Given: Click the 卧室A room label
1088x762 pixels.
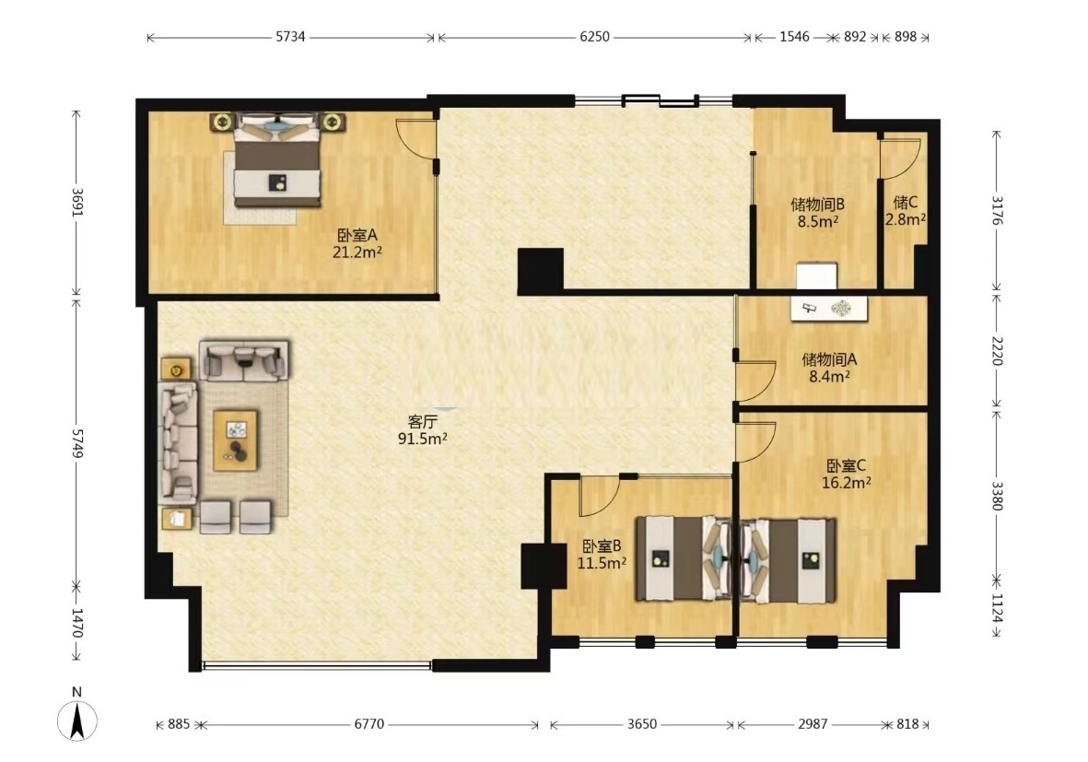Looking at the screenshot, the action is point(357,235).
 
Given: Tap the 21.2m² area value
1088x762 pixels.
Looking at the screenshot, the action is point(357,252).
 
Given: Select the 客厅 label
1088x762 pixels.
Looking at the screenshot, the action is point(422,421).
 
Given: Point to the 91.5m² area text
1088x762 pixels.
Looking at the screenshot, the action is point(422,439).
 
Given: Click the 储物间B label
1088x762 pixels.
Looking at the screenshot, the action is point(817,205).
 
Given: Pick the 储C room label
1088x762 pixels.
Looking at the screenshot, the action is point(906,203).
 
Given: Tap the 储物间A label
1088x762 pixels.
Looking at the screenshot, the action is point(829,359).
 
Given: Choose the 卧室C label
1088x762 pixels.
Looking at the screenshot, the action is point(846,465).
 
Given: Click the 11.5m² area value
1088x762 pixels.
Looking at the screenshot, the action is point(602,563).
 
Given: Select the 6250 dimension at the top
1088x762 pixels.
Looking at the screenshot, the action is point(594,37).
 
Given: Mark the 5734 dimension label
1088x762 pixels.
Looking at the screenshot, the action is point(291,37).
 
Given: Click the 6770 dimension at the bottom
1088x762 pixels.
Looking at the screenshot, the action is point(369,724).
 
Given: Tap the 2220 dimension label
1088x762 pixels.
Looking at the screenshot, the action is point(997,350).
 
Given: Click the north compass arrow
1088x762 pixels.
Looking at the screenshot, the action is point(77,721).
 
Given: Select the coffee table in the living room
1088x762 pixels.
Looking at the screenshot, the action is point(235,440).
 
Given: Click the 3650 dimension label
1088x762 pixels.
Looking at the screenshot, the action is point(642,724).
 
